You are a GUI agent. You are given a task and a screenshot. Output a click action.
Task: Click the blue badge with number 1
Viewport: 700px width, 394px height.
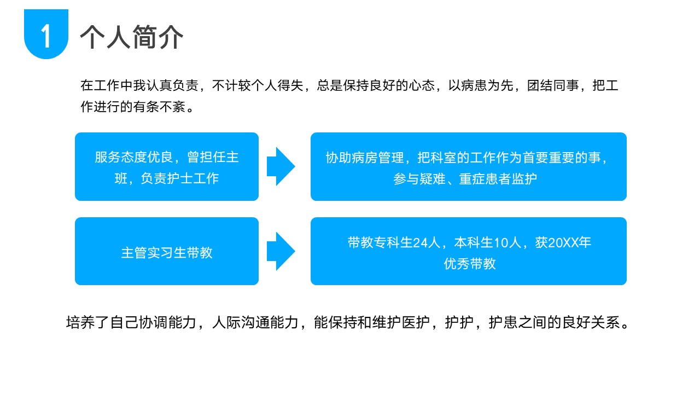click(46, 34)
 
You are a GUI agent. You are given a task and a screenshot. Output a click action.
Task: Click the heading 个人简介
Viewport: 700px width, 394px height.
click(132, 37)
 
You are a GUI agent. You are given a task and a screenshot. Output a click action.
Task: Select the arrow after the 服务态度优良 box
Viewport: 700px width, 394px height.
click(281, 166)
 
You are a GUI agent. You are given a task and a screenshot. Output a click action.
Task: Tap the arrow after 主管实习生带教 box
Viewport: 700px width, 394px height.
click(281, 251)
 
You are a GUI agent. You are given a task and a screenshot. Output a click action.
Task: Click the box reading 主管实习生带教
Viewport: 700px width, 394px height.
click(167, 251)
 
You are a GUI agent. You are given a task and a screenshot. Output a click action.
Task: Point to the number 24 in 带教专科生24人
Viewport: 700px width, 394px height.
click(419, 242)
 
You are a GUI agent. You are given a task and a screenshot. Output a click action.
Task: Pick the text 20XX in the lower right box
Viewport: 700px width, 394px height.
click(563, 242)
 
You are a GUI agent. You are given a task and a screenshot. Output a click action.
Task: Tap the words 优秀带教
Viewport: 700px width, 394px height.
click(470, 264)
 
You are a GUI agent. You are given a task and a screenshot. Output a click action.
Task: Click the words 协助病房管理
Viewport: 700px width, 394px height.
click(365, 158)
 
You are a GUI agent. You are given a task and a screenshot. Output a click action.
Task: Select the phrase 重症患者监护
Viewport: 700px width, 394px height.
click(498, 179)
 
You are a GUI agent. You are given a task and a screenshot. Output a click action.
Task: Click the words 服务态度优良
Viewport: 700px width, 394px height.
click(134, 157)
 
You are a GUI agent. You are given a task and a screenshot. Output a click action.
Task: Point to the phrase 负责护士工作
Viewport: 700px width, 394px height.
click(180, 178)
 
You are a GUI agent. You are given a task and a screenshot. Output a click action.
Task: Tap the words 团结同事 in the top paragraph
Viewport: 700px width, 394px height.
click(553, 85)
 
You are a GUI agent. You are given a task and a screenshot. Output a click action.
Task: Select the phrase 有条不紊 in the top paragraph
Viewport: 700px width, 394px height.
click(159, 107)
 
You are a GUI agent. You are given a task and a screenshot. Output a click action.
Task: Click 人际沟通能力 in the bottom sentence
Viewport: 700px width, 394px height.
click(255, 322)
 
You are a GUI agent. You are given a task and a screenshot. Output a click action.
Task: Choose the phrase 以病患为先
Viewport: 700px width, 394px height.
click(481, 85)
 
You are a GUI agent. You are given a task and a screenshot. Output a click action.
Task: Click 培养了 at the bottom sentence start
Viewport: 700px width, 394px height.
click(87, 322)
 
